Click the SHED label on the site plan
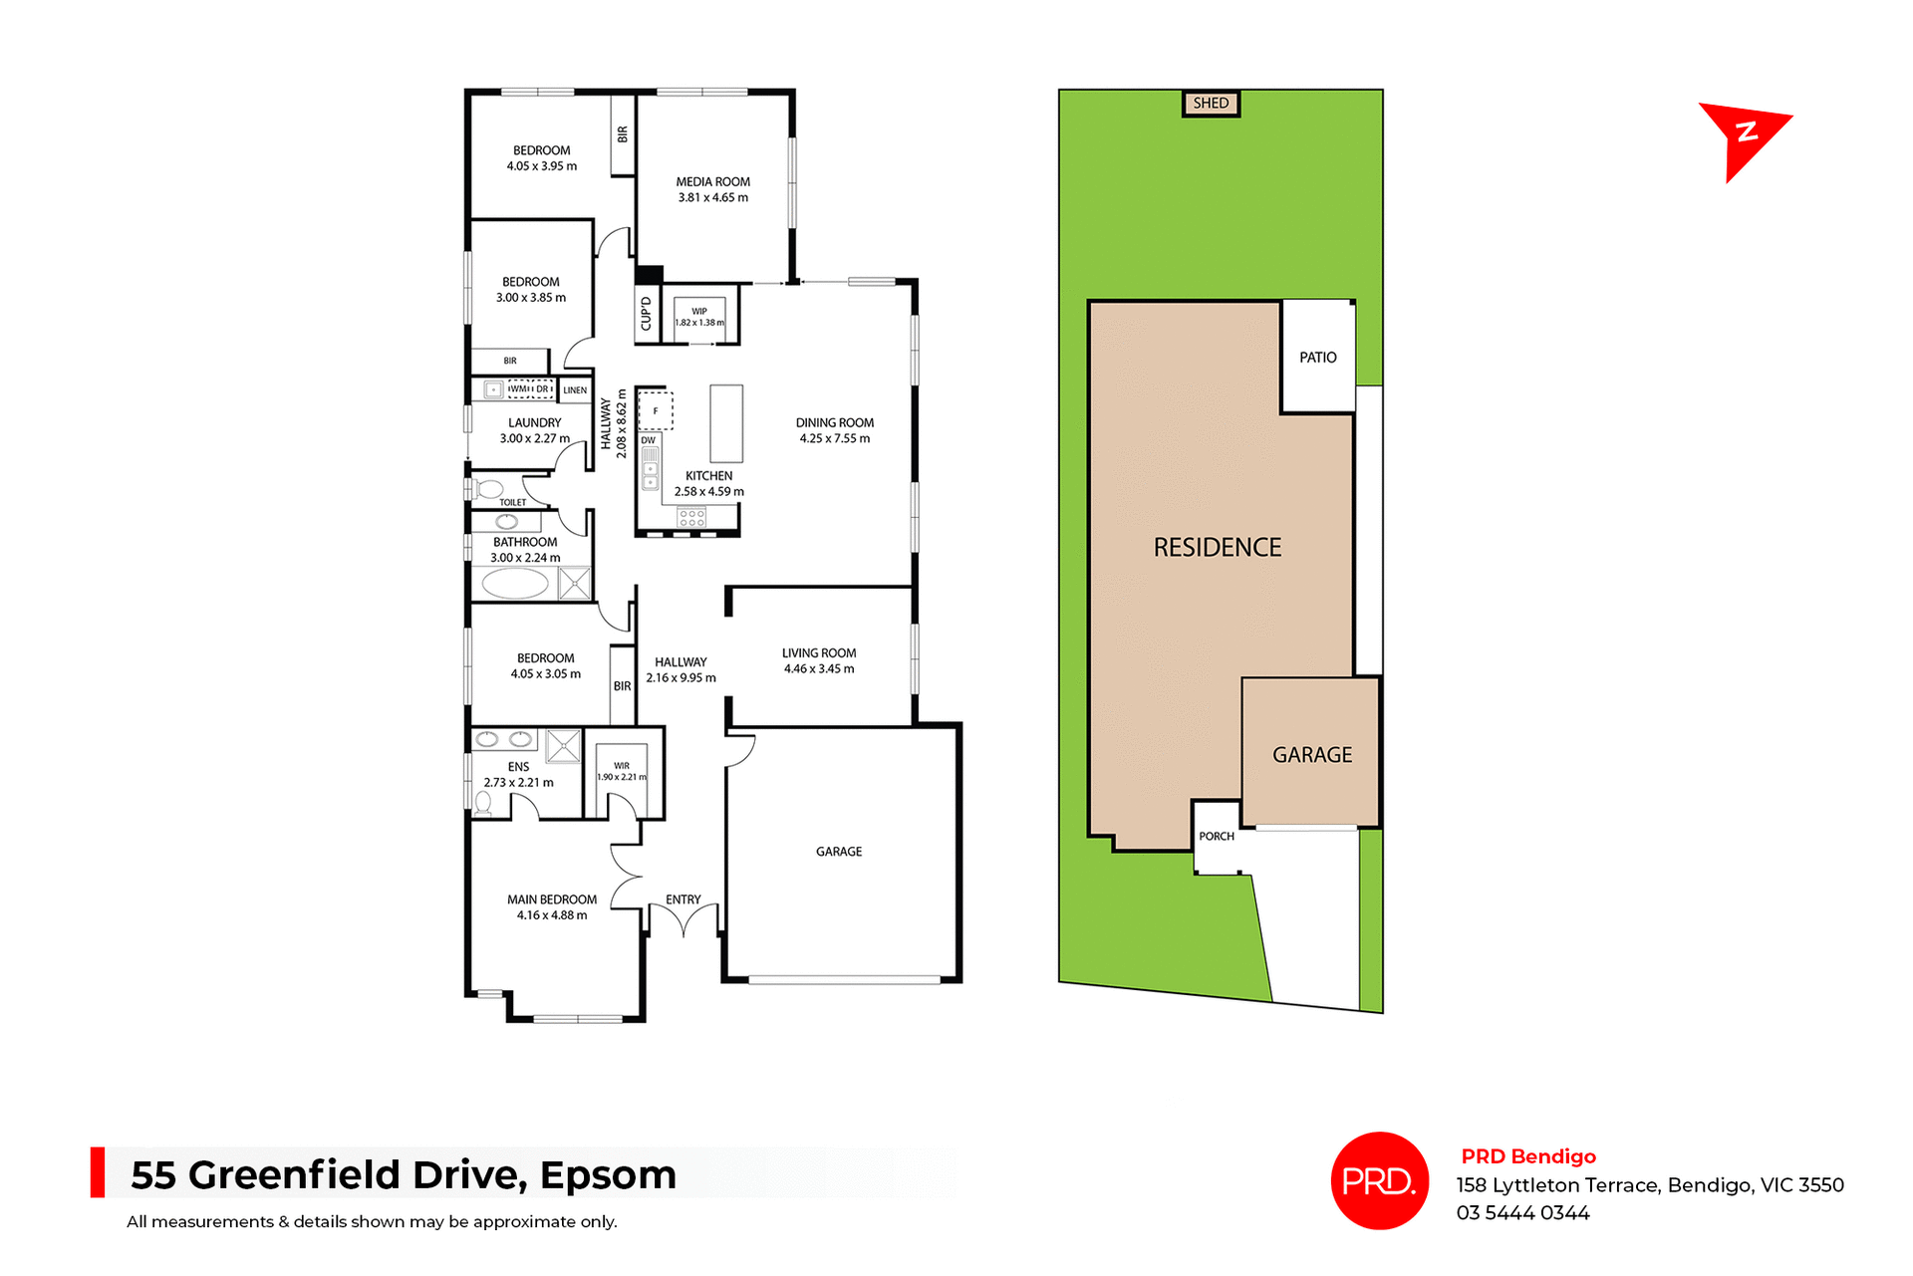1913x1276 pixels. click(1211, 103)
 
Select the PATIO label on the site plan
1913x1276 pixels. click(1317, 358)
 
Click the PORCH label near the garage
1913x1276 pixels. click(1216, 837)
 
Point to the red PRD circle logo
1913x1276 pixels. click(1379, 1181)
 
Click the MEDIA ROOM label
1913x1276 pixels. click(712, 182)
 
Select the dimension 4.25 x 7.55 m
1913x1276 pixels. click(834, 439)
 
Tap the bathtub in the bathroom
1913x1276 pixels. click(515, 584)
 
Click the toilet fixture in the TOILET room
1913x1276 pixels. click(487, 489)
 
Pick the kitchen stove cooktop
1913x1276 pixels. click(691, 517)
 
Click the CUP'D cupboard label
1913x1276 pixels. click(646, 314)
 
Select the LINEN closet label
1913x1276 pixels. click(575, 390)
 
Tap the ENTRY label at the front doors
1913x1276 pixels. click(683, 899)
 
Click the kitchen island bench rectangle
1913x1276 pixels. click(726, 423)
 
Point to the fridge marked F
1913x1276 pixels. click(656, 410)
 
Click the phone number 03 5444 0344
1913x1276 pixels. click(1522, 1213)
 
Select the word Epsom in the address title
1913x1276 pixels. click(608, 1175)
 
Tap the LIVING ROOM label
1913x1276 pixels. click(818, 653)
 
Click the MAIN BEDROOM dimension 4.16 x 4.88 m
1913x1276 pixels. click(551, 915)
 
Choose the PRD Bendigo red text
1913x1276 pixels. click(1527, 1156)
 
